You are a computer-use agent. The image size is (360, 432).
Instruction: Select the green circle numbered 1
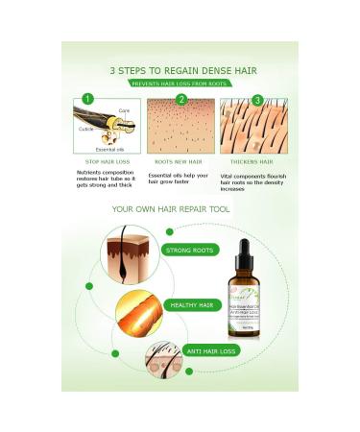[x=86, y=98]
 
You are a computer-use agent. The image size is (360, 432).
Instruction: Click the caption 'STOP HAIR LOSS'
[x=102, y=162]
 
